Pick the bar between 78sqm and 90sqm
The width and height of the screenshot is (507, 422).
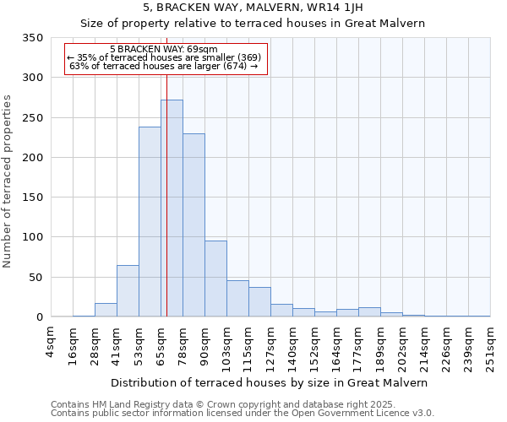pos(194,225)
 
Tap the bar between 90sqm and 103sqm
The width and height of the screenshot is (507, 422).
pos(215,279)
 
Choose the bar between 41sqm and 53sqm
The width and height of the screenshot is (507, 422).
pos(128,291)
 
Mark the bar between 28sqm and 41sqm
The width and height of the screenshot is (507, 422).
pos(106,310)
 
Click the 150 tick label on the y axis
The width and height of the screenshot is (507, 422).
pos(32,197)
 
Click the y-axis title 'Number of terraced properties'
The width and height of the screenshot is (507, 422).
pos(8,181)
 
